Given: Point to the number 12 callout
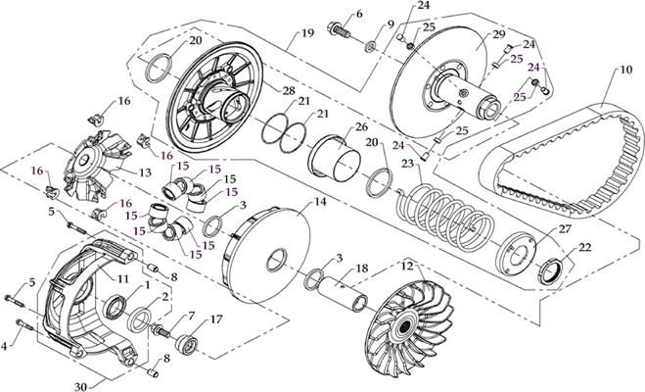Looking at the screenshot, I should click(x=407, y=267).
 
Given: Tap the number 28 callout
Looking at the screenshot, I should click(x=289, y=91).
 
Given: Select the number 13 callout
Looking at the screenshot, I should click(x=144, y=173).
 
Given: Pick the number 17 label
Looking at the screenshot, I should click(x=216, y=319).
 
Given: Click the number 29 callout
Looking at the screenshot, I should click(x=498, y=35).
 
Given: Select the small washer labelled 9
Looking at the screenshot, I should click(x=373, y=46).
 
